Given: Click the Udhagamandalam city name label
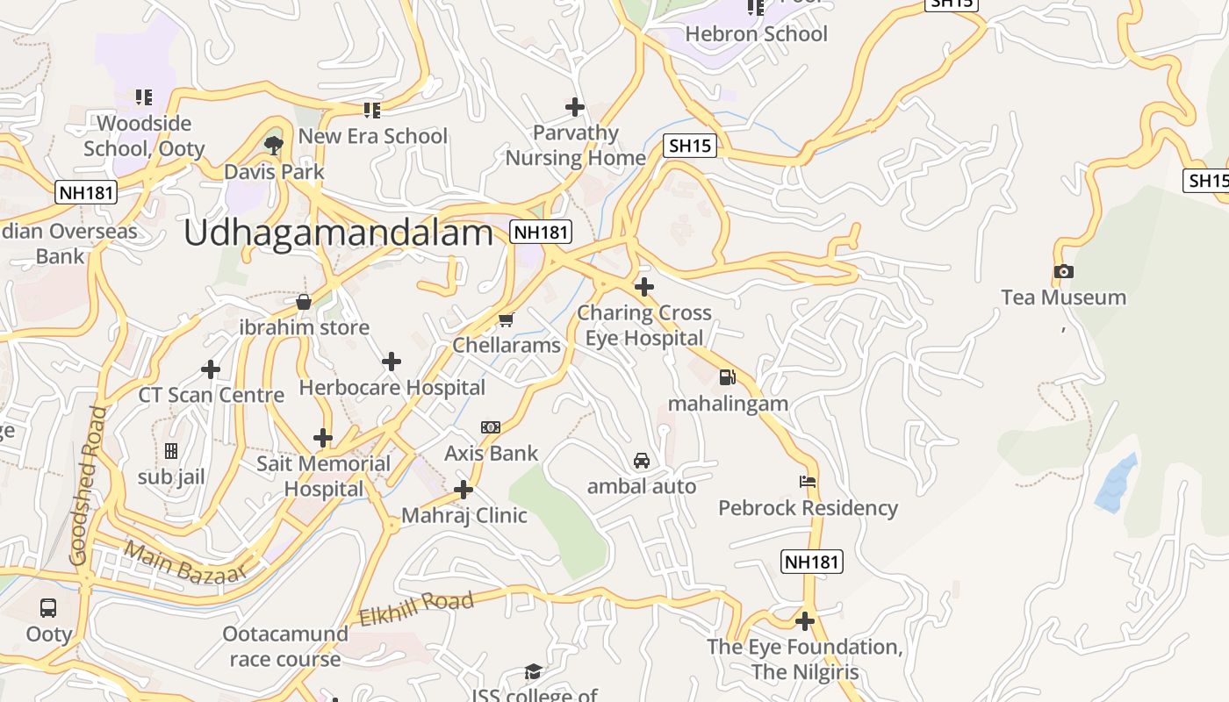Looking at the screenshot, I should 339,233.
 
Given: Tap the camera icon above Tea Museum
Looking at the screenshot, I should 1063,272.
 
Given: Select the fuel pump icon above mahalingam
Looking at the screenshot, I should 727,378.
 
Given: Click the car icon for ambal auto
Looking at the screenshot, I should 642,461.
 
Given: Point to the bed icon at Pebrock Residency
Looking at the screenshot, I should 808,482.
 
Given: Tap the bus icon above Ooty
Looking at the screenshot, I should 48,607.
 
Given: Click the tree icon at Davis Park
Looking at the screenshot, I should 274,145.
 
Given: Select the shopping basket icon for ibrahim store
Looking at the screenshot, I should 304,302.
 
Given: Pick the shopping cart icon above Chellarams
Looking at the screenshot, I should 506,319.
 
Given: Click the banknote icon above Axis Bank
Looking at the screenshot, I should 491,427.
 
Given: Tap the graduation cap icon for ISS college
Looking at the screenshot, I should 533,672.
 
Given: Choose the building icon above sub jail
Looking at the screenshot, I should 171,451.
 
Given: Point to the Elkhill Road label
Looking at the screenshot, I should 416,607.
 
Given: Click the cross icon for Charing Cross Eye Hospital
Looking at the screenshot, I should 644,287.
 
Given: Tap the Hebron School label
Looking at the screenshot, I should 756,34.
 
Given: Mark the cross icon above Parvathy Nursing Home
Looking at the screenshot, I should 574,107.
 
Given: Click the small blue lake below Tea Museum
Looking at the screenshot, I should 1116,484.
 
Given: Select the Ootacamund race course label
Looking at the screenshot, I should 284,647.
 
